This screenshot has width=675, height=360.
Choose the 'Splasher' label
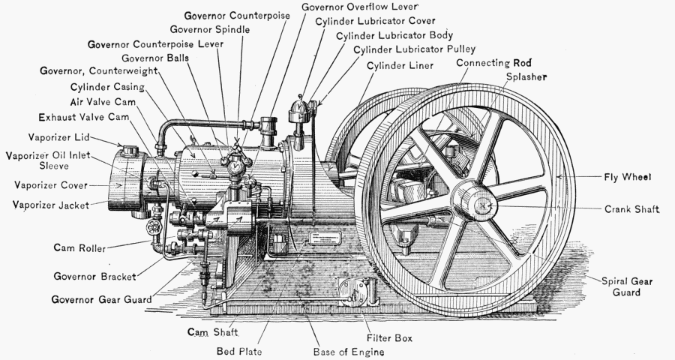tap(526, 76)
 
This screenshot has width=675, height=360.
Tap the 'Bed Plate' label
tap(238, 350)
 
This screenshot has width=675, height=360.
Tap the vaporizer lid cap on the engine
tap(132, 149)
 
